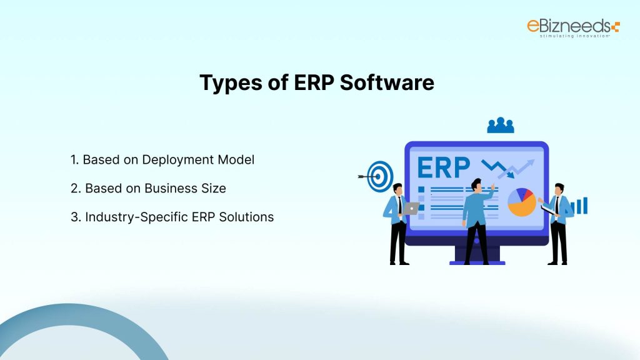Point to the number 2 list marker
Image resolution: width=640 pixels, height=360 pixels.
pyautogui.click(x=74, y=188)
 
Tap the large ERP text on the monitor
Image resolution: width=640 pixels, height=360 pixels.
pyautogui.click(x=442, y=167)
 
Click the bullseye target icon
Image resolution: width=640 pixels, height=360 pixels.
pyautogui.click(x=380, y=176)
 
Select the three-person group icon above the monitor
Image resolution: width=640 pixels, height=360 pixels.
pyautogui.click(x=500, y=126)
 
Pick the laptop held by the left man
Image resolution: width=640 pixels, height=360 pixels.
pyautogui.click(x=411, y=208)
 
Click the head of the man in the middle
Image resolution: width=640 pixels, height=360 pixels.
pyautogui.click(x=477, y=184)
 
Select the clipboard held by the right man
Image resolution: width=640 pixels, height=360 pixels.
pyautogui.click(x=547, y=206)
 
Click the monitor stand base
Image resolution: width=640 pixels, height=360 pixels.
pyautogui.click(x=477, y=261)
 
